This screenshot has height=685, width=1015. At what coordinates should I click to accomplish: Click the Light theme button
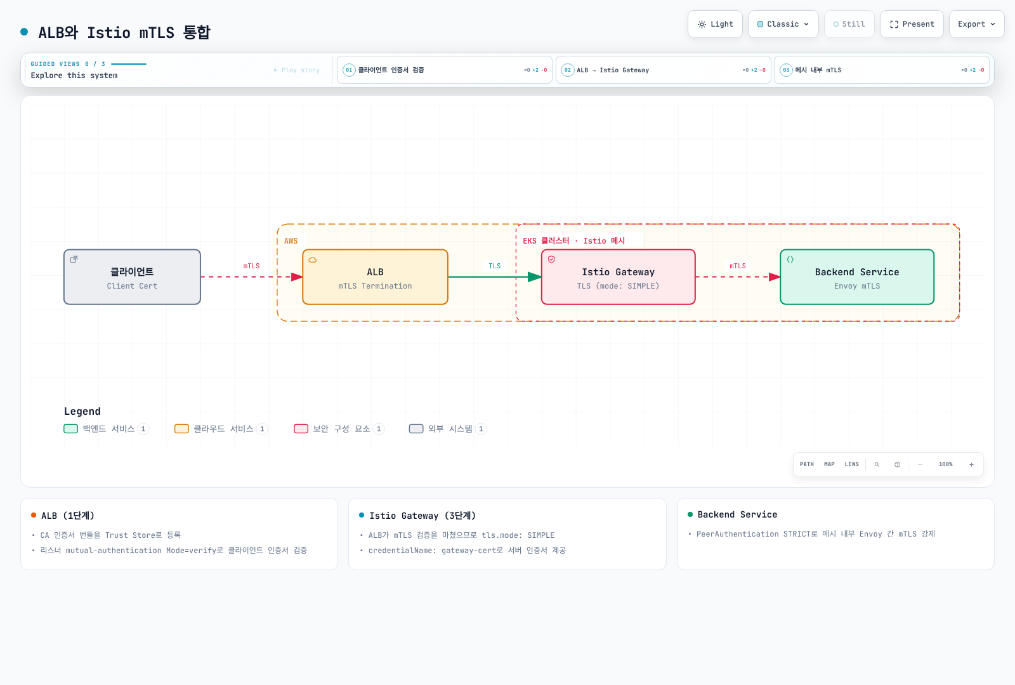715,24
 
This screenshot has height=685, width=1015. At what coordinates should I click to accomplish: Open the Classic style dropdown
783,24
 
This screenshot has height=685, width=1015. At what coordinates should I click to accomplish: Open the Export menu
976,24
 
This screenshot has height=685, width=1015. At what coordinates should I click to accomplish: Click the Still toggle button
849,24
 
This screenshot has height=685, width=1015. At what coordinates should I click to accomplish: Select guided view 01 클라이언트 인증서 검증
445,70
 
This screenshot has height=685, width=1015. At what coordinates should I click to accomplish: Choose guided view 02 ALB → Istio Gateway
664,70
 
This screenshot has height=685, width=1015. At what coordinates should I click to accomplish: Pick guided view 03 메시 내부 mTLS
882,70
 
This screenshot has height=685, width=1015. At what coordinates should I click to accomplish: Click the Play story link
297,70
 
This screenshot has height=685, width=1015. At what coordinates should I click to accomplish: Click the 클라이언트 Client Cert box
133,277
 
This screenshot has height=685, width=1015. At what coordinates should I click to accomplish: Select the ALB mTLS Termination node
375,277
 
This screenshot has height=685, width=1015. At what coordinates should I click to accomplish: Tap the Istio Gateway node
618,277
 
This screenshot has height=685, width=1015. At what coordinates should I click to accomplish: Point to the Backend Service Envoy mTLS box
857,277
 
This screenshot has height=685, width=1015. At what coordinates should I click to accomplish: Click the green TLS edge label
494,266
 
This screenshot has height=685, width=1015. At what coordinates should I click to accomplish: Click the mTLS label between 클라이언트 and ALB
251,266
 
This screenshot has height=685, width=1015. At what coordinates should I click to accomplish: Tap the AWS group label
291,241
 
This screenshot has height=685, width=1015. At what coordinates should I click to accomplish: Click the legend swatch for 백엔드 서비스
70,429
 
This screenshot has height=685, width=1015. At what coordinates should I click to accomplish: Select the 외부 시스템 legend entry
447,429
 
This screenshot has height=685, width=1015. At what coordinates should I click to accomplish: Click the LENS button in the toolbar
851,464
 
